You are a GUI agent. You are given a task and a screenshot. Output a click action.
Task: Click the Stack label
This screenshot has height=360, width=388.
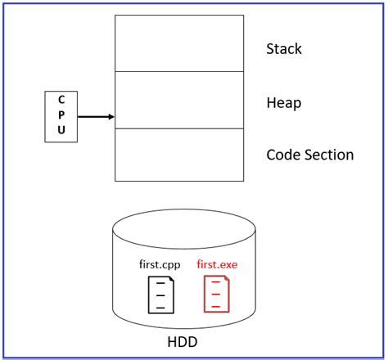point(284,49)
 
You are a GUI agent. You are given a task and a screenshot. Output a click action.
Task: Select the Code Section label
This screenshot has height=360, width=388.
point(310,155)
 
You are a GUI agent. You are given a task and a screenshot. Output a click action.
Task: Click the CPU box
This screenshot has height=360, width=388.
point(61,116)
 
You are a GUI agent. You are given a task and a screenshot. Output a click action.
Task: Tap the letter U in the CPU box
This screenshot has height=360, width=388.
point(61,130)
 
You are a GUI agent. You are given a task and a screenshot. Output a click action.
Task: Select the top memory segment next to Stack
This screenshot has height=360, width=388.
point(179,43)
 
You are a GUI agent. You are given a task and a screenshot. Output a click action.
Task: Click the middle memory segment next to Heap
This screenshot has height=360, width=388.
point(179,100)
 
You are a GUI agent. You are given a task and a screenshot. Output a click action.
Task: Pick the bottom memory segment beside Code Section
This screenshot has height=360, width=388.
point(179,154)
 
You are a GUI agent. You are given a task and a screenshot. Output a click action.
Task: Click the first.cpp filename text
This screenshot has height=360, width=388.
point(160,265)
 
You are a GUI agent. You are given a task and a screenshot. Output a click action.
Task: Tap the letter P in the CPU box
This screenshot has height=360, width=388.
point(61,115)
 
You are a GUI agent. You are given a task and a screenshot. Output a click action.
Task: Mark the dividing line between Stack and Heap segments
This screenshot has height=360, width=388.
point(179,71)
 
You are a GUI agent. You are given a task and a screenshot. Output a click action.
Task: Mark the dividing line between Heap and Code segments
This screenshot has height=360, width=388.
point(179,128)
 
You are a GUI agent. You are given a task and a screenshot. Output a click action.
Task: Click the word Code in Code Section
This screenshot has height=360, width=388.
point(282,155)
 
